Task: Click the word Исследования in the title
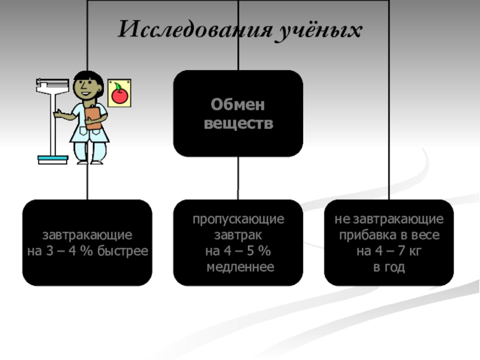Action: (191, 30)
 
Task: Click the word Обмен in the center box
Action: (238, 106)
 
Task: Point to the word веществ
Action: (238, 124)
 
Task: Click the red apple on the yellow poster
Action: (119, 93)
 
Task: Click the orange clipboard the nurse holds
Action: (93, 118)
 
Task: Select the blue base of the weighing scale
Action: (53, 160)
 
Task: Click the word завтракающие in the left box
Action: (88, 235)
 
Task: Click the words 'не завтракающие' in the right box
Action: (389, 220)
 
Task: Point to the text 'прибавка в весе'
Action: (389, 235)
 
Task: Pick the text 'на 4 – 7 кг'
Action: (389, 251)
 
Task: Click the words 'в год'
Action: (389, 266)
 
